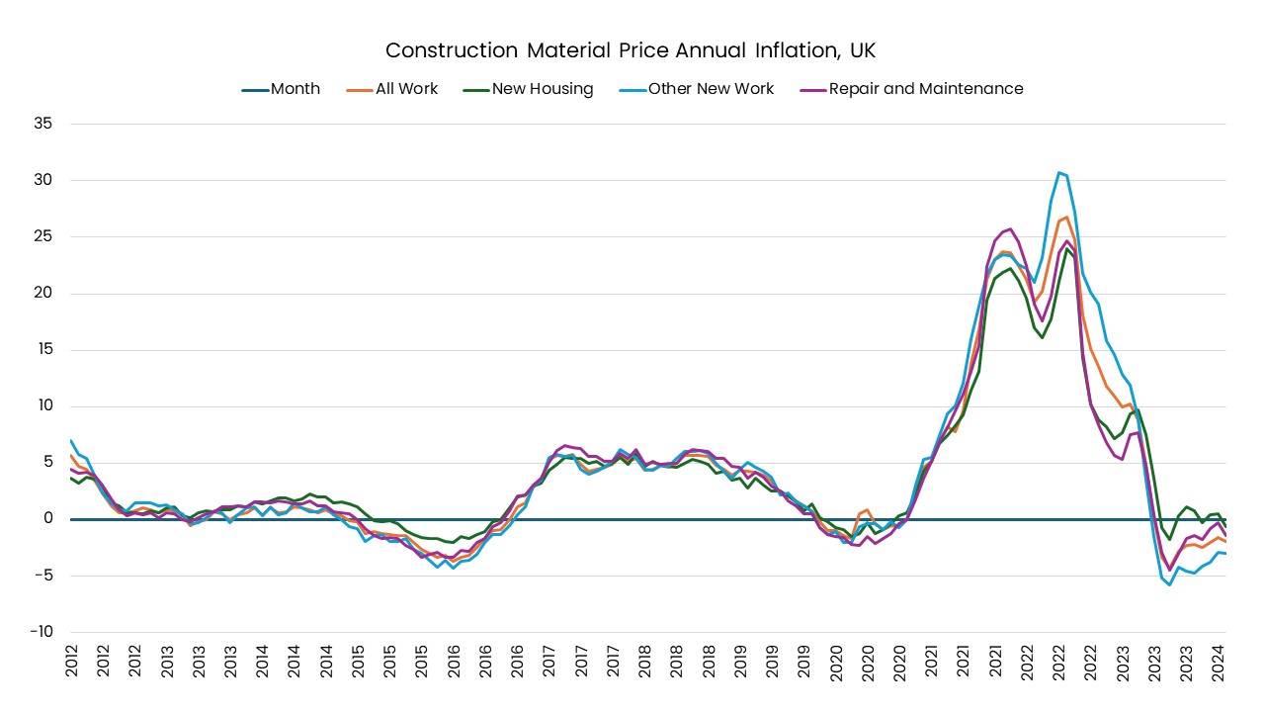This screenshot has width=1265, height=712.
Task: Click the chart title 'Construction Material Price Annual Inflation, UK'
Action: pyautogui.click(x=630, y=50)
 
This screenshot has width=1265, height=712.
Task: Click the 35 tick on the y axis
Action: pyautogui.click(x=43, y=124)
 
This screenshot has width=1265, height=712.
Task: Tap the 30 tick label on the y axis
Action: pyautogui.click(x=43, y=180)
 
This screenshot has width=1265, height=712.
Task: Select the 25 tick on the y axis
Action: pyautogui.click(x=43, y=236)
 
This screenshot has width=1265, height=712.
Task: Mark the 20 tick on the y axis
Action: pyautogui.click(x=43, y=293)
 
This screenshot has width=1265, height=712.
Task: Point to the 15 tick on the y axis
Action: pyautogui.click(x=43, y=349)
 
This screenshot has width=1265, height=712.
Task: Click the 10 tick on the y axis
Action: pyautogui.click(x=43, y=405)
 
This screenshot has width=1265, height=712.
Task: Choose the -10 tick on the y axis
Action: pyautogui.click(x=42, y=632)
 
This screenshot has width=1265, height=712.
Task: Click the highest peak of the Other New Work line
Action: pyautogui.click(x=1058, y=172)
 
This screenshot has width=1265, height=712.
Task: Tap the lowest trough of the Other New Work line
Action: pyautogui.click(x=1170, y=584)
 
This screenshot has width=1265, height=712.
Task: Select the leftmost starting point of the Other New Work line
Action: pyautogui.click(x=71, y=441)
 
